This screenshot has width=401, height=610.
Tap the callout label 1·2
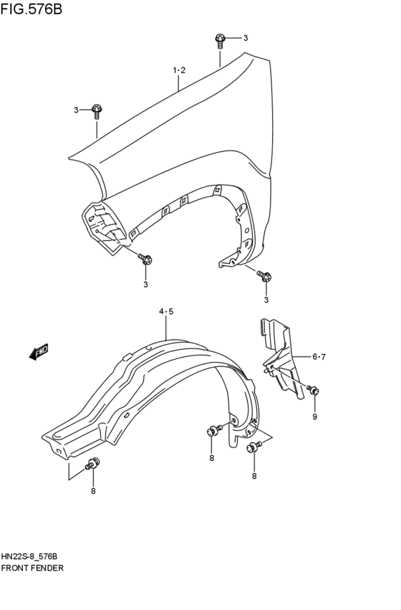click(x=179, y=70)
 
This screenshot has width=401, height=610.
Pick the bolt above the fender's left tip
click(x=97, y=110)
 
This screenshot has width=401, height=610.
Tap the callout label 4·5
click(x=166, y=311)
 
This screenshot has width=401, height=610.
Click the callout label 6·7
click(x=319, y=356)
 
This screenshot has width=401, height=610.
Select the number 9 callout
click(x=314, y=416)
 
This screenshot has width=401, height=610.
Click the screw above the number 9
click(x=313, y=391)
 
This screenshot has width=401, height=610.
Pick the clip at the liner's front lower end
click(x=92, y=463)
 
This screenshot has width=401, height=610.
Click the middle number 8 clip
click(x=212, y=431)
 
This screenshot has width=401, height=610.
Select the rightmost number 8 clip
click(x=253, y=448)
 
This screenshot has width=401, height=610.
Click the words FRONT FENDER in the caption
click(x=33, y=567)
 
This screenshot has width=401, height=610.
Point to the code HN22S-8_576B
click(x=34, y=556)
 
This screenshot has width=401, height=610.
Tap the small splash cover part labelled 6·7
click(x=282, y=358)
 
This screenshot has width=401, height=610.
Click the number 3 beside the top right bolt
click(x=245, y=38)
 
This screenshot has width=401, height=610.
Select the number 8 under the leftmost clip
click(x=93, y=490)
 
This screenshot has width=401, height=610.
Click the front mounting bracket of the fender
click(x=101, y=223)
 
